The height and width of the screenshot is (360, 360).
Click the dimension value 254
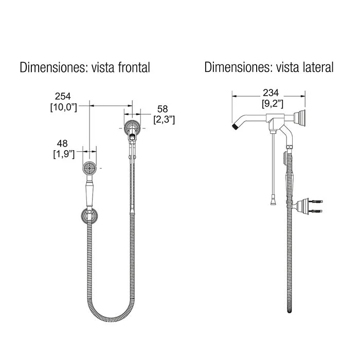[63, 96]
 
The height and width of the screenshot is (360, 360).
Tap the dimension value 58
[163, 109]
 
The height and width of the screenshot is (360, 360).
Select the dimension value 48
[62, 143]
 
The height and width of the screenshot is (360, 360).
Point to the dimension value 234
[271, 93]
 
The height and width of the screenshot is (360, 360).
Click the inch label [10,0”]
[64, 107]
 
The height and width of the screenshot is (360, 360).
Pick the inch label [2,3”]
[164, 120]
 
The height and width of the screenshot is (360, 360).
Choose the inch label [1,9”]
[64, 154]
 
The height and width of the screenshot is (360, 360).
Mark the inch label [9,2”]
[272, 103]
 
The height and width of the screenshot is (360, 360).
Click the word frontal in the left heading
[134, 67]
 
